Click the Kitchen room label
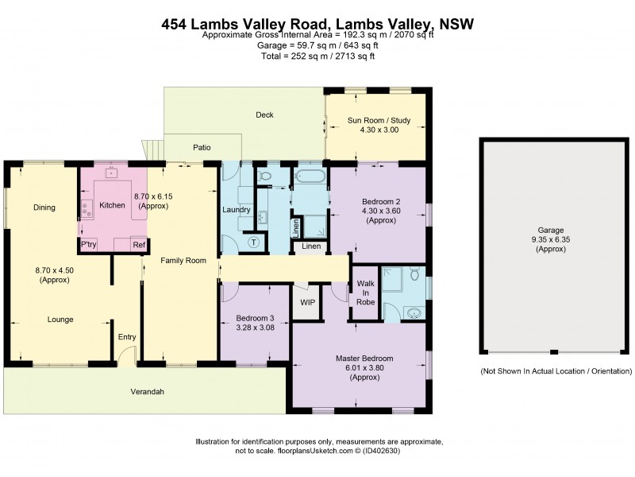coord(112,205)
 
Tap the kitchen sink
coord(110,171)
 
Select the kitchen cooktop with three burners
coord(85,209)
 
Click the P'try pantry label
coord(88,245)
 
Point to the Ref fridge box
coord(138,245)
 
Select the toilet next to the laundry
coord(265,176)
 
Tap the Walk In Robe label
coord(366,292)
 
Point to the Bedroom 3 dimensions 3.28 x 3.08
coord(254,327)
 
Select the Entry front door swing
coord(129,355)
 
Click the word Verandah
coord(147,392)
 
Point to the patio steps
coord(153,149)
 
